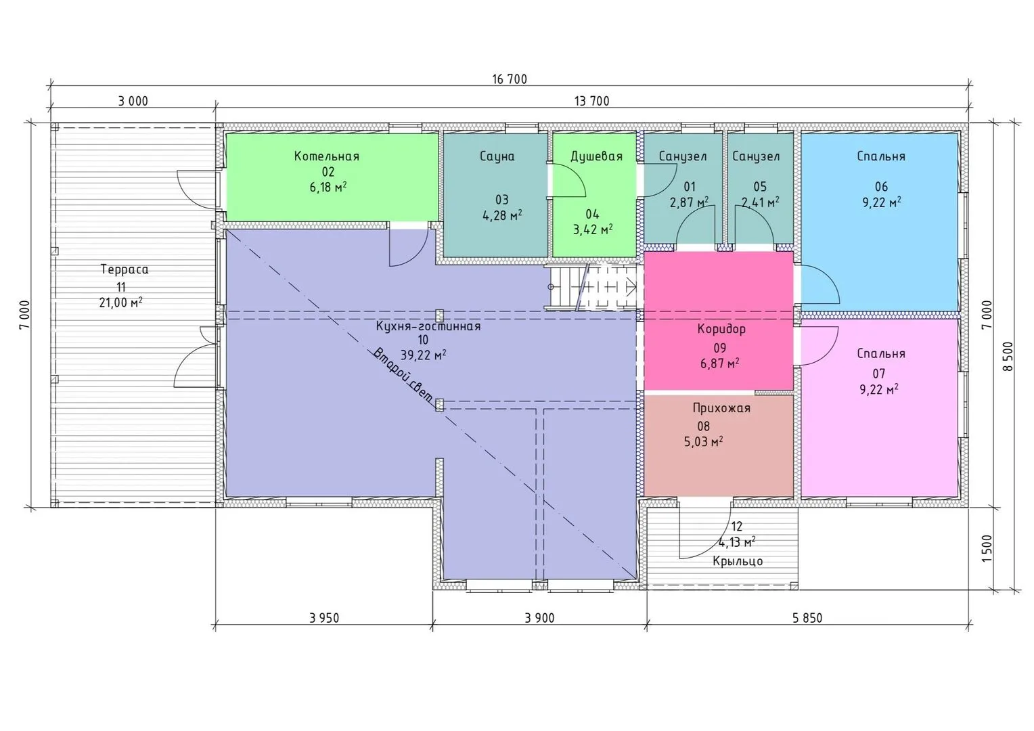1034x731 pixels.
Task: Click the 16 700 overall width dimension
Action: (x=509, y=79)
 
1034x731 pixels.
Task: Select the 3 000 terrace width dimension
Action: (x=133, y=101)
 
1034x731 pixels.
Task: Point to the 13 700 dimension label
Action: (x=591, y=101)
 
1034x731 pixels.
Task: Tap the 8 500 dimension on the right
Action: (x=1008, y=356)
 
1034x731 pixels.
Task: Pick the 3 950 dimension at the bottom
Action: (x=324, y=618)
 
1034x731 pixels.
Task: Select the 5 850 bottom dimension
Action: (x=807, y=618)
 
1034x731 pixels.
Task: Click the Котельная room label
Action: (x=327, y=156)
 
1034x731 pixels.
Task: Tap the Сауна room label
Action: (x=497, y=156)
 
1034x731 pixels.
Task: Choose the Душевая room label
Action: (x=596, y=156)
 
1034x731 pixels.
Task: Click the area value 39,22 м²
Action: (x=423, y=355)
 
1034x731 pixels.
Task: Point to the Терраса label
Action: (x=125, y=269)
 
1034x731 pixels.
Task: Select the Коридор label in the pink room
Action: (x=721, y=329)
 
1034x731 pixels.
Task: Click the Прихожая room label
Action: (x=721, y=408)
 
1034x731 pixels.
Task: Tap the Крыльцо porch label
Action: (x=738, y=562)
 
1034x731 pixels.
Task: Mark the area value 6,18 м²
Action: (x=328, y=187)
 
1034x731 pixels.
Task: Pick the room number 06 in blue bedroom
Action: (x=881, y=187)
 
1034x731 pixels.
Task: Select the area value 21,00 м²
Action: (x=120, y=303)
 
